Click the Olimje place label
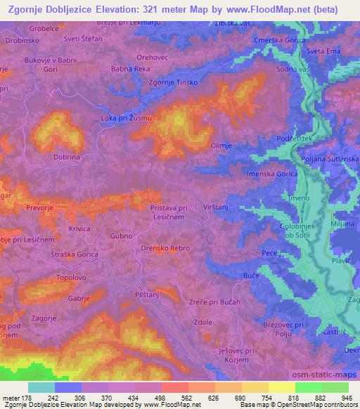click(221, 145)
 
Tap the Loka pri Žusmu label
click(127, 118)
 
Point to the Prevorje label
click(40, 207)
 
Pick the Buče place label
click(252, 275)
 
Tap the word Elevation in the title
click(120, 10)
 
